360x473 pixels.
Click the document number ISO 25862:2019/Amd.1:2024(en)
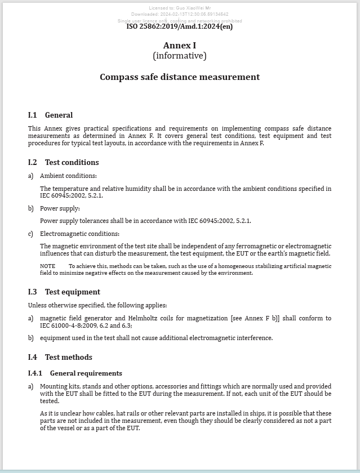click(179, 26)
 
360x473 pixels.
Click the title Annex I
click(180, 46)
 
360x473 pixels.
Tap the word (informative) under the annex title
click(180, 56)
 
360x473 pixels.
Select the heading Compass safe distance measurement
click(180, 77)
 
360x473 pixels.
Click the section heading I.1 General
click(51, 115)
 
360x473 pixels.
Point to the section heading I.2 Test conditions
click(64, 163)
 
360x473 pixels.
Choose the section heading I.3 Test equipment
click(64, 292)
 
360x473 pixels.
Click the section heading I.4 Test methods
click(60, 358)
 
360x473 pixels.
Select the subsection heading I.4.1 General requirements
click(75, 373)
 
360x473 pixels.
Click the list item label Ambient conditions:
click(68, 176)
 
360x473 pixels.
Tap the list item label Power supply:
click(60, 209)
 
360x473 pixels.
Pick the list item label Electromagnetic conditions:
click(79, 234)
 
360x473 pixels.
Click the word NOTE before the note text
click(48, 266)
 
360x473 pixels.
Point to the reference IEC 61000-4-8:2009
click(66, 325)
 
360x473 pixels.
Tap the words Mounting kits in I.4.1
click(58, 387)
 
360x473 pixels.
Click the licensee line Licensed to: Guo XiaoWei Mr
click(180, 8)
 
